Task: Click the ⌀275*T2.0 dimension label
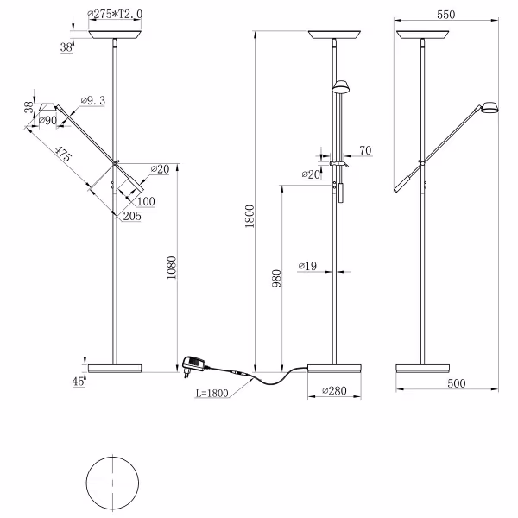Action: pos(116,15)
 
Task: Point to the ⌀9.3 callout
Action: pos(92,101)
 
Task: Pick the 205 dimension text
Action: pos(132,216)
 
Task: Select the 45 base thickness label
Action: pos(79,381)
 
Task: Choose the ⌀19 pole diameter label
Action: pos(306,265)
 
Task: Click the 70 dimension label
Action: pos(365,151)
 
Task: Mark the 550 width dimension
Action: pos(445,15)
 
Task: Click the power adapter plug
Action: pos(193,365)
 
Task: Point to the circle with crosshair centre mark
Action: pos(113,483)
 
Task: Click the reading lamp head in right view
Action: pos(490,108)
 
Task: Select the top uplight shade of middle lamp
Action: pos(335,35)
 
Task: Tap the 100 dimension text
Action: pos(146,201)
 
